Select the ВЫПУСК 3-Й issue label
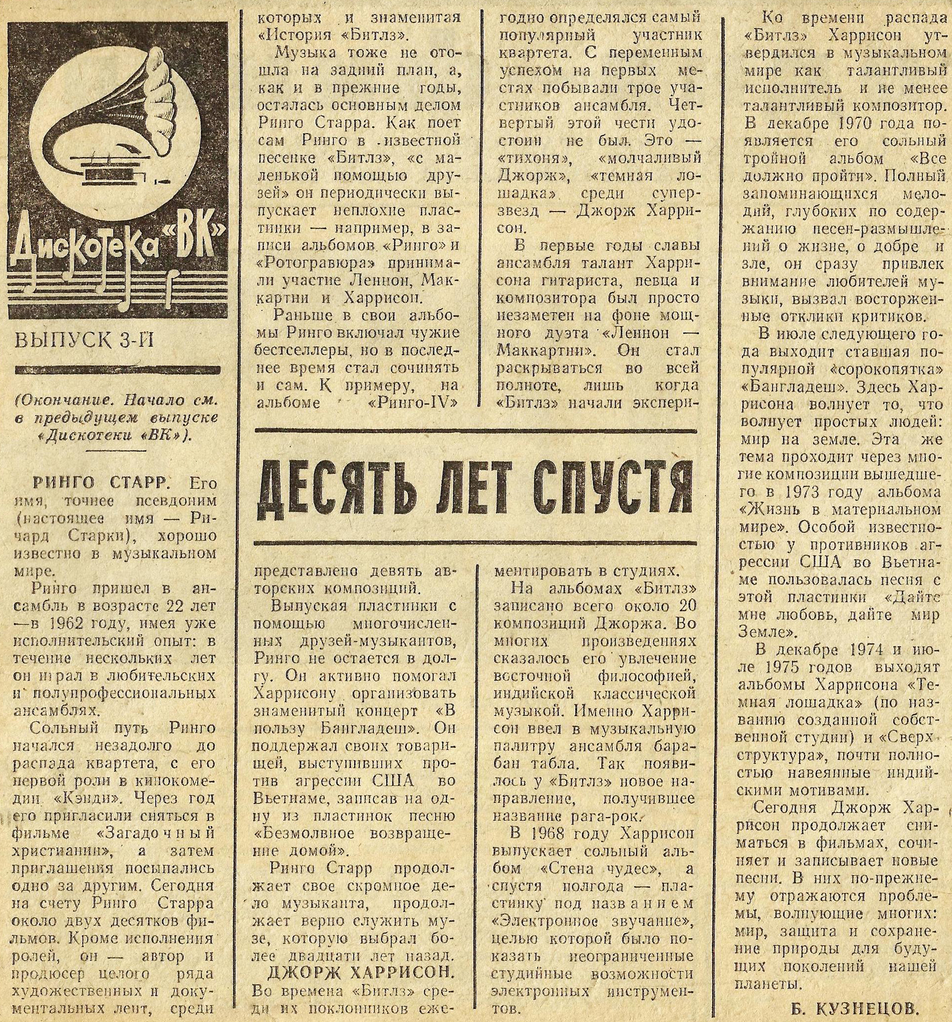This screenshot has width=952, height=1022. (x=86, y=340)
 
